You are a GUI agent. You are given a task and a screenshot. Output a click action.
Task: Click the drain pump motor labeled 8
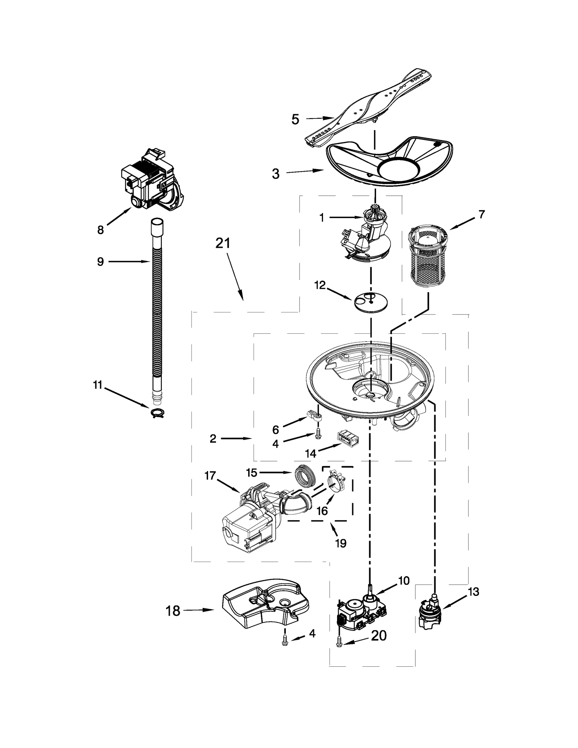coord(152,181)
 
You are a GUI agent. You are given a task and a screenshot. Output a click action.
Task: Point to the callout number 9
coord(100,261)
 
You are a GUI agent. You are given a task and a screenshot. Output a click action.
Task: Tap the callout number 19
coord(340,553)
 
